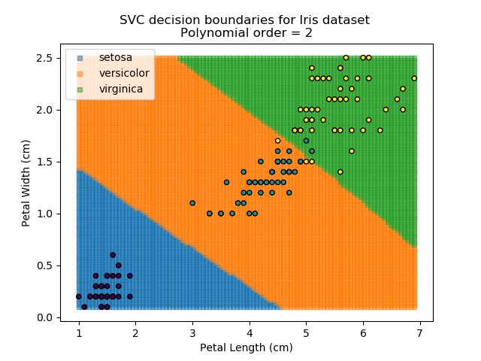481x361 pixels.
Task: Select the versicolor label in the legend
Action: click(x=124, y=73)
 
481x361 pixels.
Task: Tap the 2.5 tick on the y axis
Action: click(x=44, y=58)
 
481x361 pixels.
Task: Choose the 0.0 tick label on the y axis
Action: click(x=44, y=317)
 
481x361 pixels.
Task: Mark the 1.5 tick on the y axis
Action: click(x=44, y=162)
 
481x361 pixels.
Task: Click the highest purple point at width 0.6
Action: click(x=113, y=255)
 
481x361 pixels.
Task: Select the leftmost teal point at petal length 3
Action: click(x=192, y=203)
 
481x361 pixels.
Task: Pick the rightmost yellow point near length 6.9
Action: click(x=414, y=78)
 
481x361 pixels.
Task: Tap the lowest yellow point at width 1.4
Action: click(x=340, y=171)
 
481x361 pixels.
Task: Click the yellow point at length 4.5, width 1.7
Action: click(x=277, y=141)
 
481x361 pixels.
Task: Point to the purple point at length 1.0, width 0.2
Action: click(x=79, y=296)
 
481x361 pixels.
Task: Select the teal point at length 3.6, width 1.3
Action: click(x=226, y=182)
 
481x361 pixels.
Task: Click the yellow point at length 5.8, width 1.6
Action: click(x=351, y=151)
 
